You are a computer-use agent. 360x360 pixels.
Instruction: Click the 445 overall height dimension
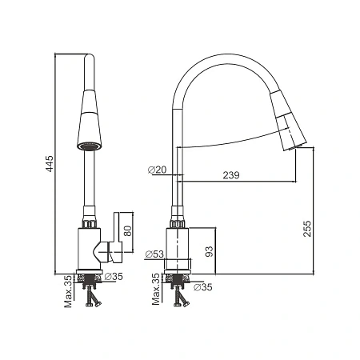pos(50,163)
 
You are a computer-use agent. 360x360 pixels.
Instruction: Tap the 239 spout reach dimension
pos(231,175)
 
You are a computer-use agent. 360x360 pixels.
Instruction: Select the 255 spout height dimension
pos(307,228)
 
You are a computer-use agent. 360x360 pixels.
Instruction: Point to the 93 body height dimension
pos(210,251)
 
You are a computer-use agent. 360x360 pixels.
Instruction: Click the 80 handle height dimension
pos(128,231)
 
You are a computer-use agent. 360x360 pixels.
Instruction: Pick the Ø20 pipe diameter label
pos(157,170)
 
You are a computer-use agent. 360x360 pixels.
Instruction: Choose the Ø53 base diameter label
pos(154,254)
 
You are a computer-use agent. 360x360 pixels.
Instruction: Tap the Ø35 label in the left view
pos(114,277)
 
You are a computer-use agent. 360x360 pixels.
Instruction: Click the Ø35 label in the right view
pos(203,287)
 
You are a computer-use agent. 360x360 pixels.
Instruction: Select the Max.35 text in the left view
pos(68,291)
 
